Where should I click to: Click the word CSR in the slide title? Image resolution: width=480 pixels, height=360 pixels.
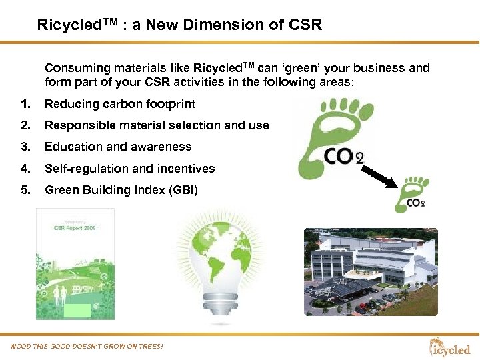(306, 25)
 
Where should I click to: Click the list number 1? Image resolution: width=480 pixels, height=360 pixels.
(25, 104)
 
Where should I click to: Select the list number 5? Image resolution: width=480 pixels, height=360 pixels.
(25, 190)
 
